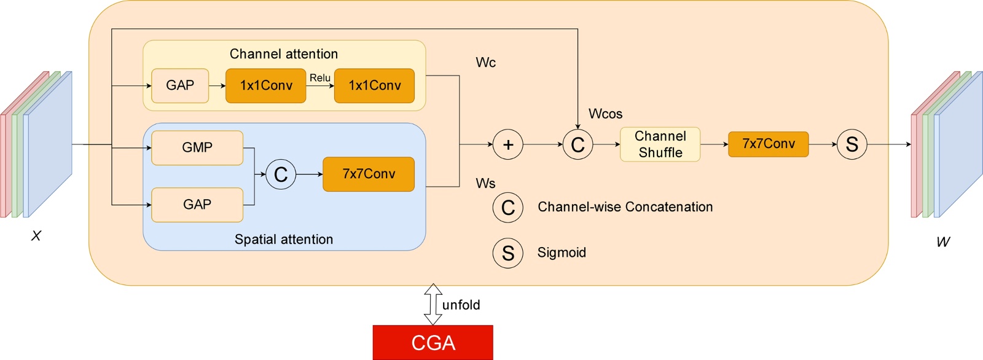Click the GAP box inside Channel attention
click(x=180, y=85)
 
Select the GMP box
click(x=197, y=147)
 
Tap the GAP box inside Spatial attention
click(x=197, y=205)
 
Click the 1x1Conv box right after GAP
click(x=266, y=85)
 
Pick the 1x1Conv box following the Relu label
click(x=374, y=85)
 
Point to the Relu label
click(x=320, y=78)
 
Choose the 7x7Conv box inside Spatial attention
click(x=369, y=174)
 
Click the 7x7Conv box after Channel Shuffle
click(x=768, y=144)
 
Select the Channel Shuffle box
click(x=660, y=144)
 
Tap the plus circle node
click(x=508, y=145)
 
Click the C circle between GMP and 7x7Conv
click(x=281, y=174)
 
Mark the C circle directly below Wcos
click(x=578, y=145)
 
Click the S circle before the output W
click(x=852, y=144)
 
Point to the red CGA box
click(x=433, y=342)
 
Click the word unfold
click(x=461, y=305)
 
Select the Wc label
click(x=485, y=63)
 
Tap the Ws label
click(x=485, y=183)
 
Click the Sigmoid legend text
click(x=562, y=252)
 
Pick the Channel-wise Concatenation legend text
click(x=625, y=207)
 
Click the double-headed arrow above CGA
click(x=433, y=304)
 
